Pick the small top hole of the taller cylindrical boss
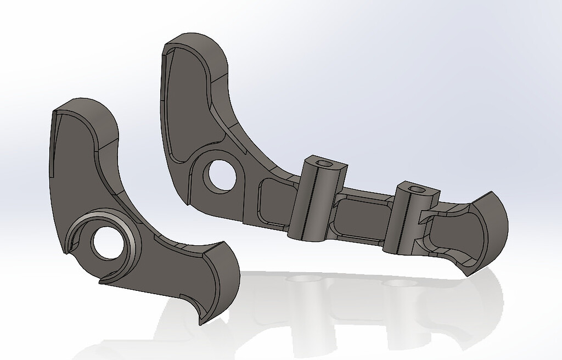pos(327,164)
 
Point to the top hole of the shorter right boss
pos(418,189)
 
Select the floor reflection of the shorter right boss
pos(398,285)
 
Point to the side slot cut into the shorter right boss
pos(424,217)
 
